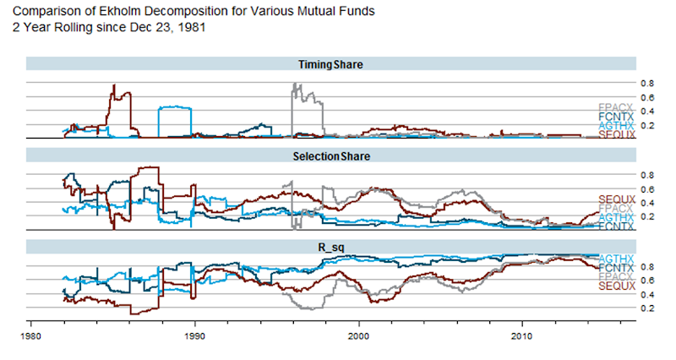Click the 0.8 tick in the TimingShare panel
click(646, 84)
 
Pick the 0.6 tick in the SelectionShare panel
click(646, 189)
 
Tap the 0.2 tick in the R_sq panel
click(646, 308)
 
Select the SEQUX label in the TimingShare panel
click(615, 134)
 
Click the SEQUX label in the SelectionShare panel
click(615, 198)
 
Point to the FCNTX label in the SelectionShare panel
click(615, 226)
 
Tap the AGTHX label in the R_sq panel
click(615, 258)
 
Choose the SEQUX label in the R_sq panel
click(615, 286)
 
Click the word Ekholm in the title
click(115, 10)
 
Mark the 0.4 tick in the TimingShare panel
click(646, 112)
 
